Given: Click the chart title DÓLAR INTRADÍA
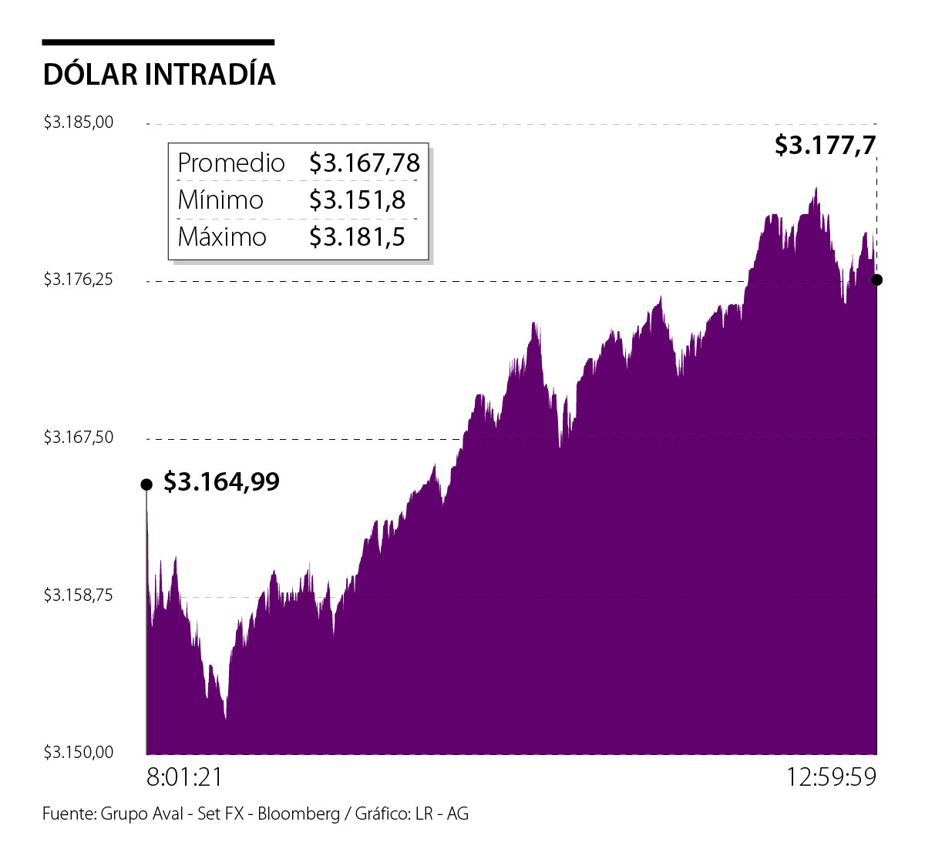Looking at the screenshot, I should [x=159, y=75].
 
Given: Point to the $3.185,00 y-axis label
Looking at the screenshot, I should [x=78, y=122].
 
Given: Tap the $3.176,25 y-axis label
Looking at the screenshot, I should [x=78, y=280].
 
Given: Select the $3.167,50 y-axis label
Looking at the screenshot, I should [x=78, y=438].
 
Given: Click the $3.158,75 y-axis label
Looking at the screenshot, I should [x=78, y=595].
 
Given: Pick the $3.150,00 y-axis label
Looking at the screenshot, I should [x=78, y=752].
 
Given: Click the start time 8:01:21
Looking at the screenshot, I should [x=185, y=776].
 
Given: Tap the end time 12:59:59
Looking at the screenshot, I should [x=831, y=776].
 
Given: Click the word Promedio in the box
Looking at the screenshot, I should [x=230, y=163].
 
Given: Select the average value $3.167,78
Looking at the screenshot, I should [x=365, y=163].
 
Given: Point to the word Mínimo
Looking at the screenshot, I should [x=220, y=200].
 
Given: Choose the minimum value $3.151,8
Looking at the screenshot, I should [x=357, y=200].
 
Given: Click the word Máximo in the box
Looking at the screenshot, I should [x=222, y=236].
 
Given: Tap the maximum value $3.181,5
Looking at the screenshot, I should [x=357, y=236].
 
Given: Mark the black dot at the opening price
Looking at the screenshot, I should [x=146, y=484].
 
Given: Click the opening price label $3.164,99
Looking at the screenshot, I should [x=222, y=482].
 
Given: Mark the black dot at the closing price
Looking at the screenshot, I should [x=876, y=280].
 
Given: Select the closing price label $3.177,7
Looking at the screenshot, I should [x=826, y=145].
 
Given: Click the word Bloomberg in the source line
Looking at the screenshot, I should [x=298, y=813].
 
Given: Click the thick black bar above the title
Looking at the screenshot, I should [x=158, y=42].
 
